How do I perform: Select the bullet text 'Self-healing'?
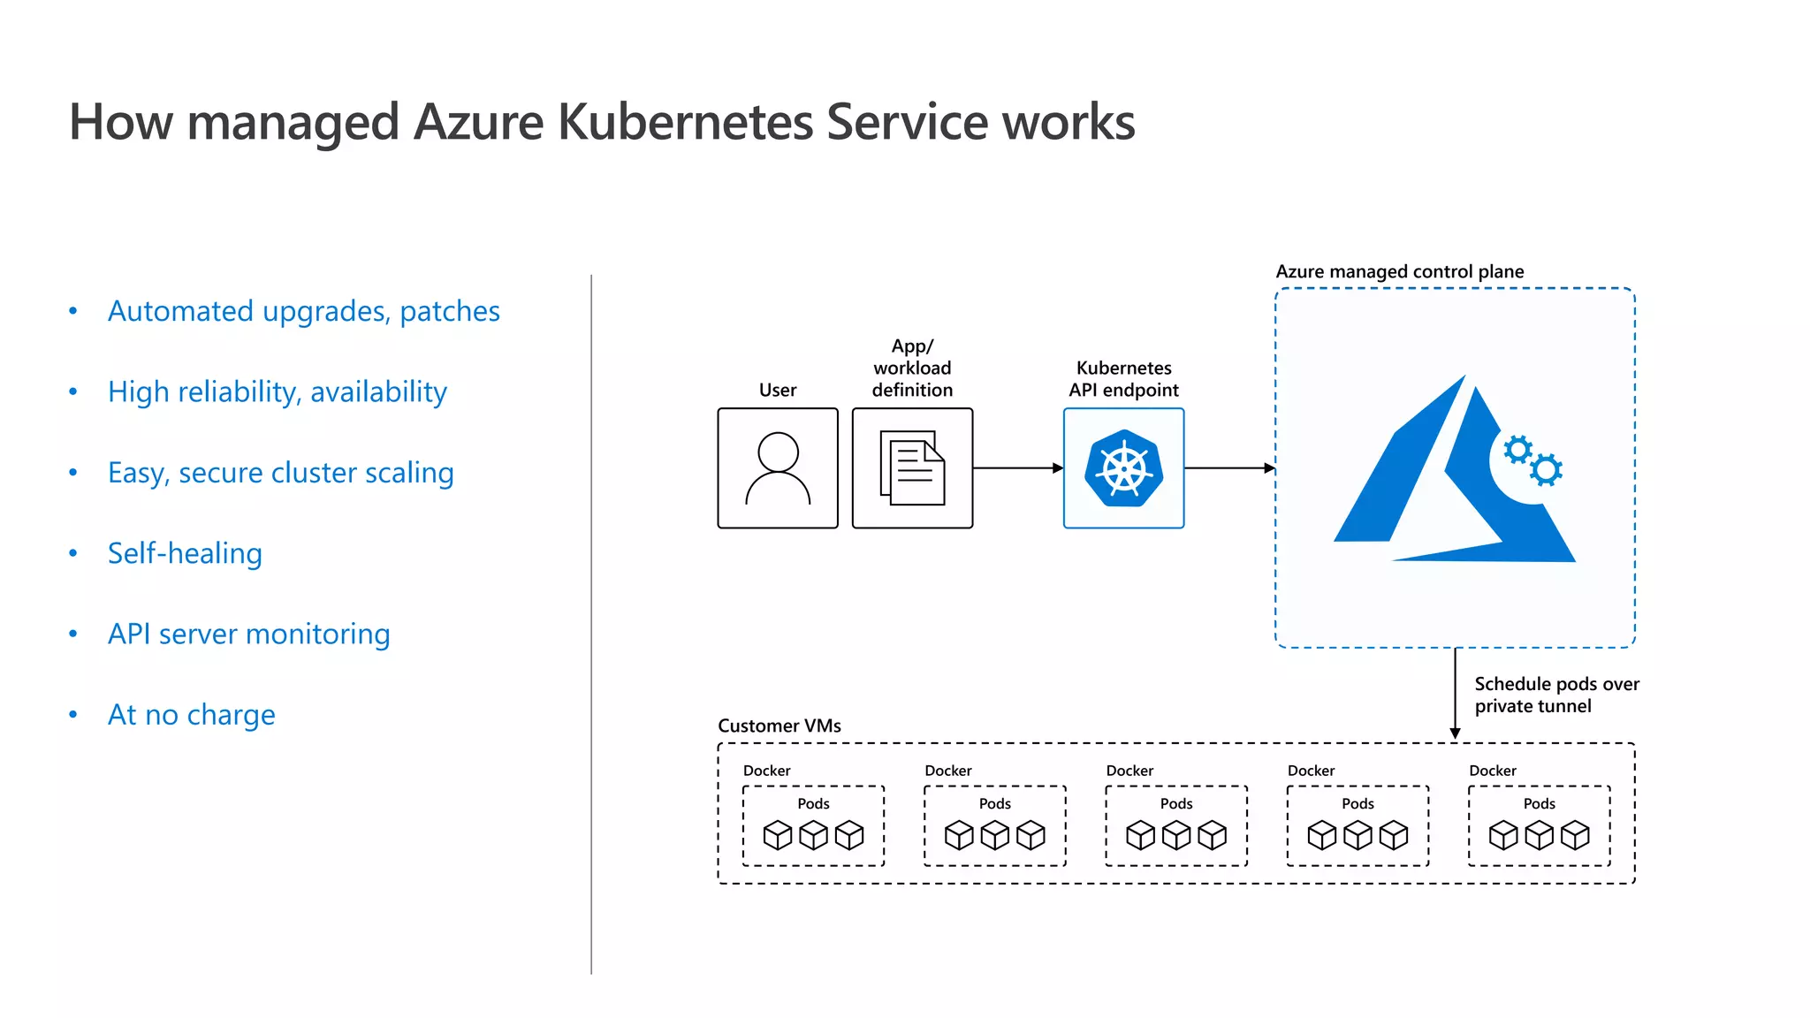(x=185, y=553)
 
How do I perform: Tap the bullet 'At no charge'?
(x=191, y=714)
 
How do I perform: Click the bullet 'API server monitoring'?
(x=248, y=634)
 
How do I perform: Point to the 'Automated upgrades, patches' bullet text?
(x=303, y=311)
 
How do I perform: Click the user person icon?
(x=778, y=468)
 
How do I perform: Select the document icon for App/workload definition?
(x=912, y=468)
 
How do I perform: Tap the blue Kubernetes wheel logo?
(x=1123, y=468)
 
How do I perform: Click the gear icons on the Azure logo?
(x=1533, y=460)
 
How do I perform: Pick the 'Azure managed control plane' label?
(x=1399, y=271)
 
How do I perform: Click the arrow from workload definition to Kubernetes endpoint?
(x=1017, y=468)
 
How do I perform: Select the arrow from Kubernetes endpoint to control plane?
(x=1228, y=468)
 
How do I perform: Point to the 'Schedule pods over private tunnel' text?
(x=1555, y=695)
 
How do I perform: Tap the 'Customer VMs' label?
(x=779, y=726)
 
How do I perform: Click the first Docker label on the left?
(x=766, y=771)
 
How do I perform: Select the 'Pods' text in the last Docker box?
(x=1539, y=803)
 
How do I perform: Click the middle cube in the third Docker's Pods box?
(x=1176, y=835)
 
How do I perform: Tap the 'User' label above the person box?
(x=778, y=390)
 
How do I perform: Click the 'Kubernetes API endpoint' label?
(x=1123, y=379)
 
